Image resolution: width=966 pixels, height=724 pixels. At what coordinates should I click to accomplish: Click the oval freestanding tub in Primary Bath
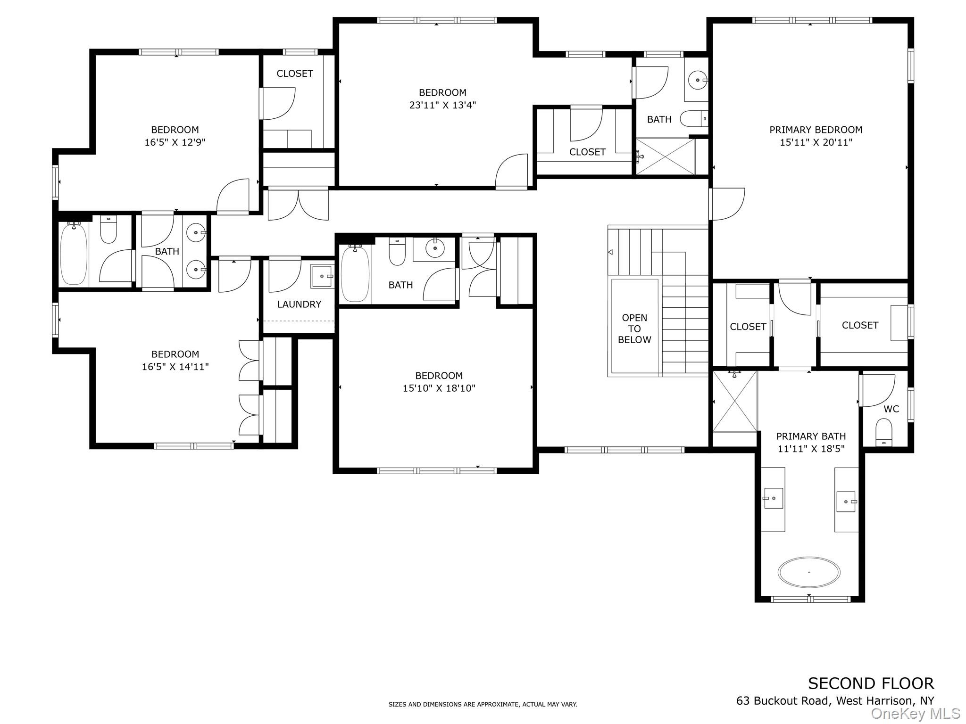click(809, 572)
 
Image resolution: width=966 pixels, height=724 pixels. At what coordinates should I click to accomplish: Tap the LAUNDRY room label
click(299, 304)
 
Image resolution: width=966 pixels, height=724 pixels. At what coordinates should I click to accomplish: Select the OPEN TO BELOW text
click(634, 329)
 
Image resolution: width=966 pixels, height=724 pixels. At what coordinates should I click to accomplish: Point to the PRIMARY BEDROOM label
click(816, 130)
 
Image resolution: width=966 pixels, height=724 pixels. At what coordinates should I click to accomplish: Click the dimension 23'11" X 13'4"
click(442, 105)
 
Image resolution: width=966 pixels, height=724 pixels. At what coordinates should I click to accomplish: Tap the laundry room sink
click(322, 276)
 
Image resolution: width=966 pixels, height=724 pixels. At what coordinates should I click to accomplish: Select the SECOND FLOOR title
click(871, 683)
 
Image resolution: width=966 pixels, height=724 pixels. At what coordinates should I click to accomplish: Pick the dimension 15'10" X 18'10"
click(439, 388)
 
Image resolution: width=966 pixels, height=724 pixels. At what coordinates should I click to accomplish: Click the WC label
click(891, 409)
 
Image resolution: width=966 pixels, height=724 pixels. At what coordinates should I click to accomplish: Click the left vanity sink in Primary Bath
click(773, 498)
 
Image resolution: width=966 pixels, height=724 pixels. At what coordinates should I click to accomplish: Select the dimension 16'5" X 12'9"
click(175, 142)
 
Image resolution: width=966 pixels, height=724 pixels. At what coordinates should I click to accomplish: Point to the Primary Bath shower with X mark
click(735, 401)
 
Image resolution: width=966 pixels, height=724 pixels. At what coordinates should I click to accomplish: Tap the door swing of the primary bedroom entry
click(729, 204)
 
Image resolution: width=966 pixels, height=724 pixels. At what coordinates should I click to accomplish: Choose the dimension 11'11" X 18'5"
click(811, 449)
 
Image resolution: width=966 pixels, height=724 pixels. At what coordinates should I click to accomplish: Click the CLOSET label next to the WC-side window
click(860, 325)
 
